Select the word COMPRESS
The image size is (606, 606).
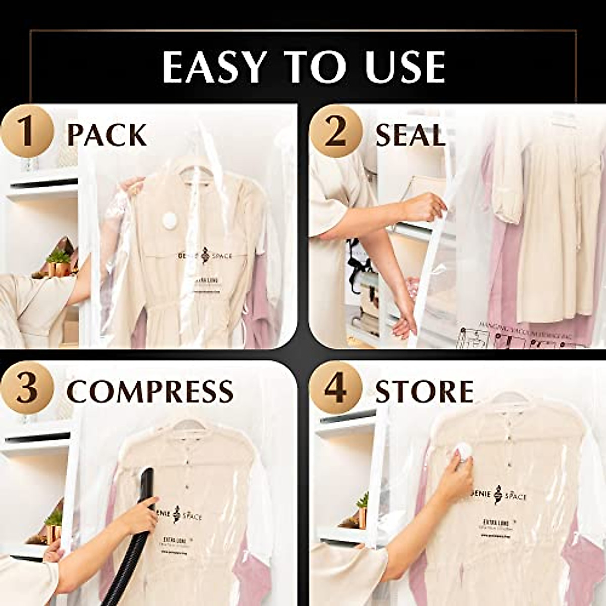coord(150,391)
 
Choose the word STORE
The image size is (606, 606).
coord(424,391)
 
